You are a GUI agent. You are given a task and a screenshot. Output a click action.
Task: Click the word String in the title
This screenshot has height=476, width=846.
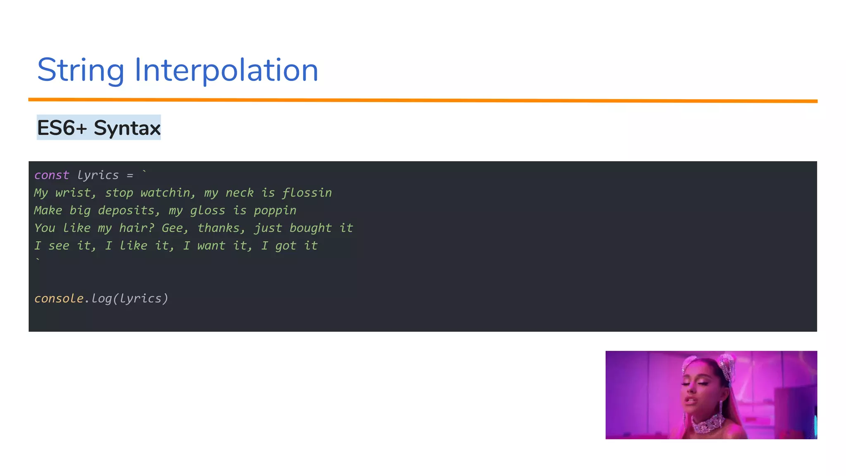(81, 70)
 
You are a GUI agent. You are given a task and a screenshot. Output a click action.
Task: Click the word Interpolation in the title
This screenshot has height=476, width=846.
(226, 70)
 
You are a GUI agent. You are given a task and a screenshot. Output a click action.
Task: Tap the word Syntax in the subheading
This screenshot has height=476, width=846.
(127, 128)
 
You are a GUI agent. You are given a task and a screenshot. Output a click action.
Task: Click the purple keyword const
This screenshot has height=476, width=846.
(52, 175)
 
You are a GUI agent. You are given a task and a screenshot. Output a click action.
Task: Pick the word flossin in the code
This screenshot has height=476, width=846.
(307, 193)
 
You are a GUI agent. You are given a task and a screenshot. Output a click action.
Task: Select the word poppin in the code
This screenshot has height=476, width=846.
(275, 211)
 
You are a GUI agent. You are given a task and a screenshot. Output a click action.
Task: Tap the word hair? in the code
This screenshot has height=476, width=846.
(136, 228)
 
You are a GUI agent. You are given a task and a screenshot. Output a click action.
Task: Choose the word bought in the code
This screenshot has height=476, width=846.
(310, 228)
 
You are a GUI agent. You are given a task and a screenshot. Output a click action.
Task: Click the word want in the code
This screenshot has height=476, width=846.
(211, 246)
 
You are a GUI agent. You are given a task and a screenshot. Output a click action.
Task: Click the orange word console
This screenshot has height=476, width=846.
(59, 298)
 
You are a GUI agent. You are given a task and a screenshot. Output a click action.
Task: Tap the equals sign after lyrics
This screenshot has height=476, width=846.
(130, 176)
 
